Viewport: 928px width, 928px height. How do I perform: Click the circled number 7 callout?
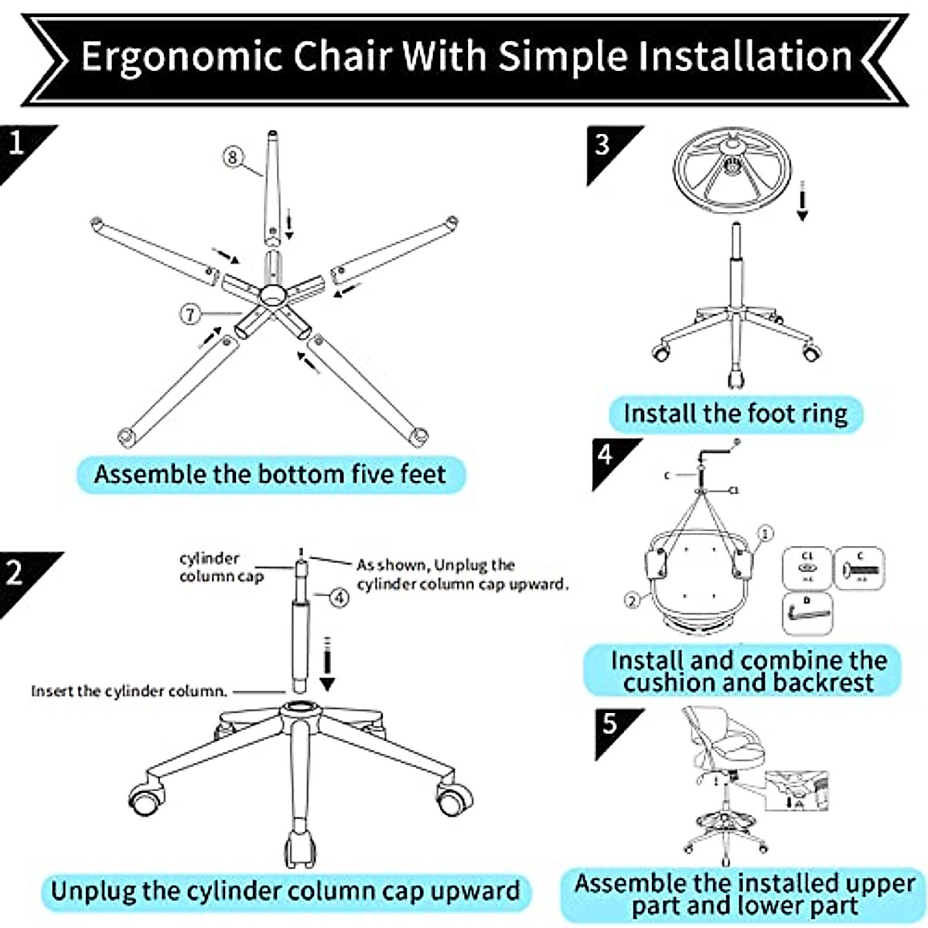(191, 314)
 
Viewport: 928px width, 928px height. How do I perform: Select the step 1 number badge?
(17, 145)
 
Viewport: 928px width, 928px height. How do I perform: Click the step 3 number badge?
(603, 145)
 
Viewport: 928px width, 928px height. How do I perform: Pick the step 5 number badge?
(611, 725)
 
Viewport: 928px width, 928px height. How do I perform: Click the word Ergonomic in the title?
(182, 56)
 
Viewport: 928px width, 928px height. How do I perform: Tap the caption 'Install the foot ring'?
(735, 414)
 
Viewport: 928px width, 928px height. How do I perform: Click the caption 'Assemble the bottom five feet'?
(270, 473)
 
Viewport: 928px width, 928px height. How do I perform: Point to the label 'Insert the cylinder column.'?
(129, 691)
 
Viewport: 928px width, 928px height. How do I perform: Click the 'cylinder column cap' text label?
(221, 568)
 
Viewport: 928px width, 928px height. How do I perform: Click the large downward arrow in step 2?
(328, 665)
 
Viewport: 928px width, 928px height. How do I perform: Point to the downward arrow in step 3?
(803, 203)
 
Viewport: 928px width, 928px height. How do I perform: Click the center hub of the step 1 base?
(273, 295)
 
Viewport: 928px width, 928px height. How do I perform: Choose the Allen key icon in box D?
(808, 613)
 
